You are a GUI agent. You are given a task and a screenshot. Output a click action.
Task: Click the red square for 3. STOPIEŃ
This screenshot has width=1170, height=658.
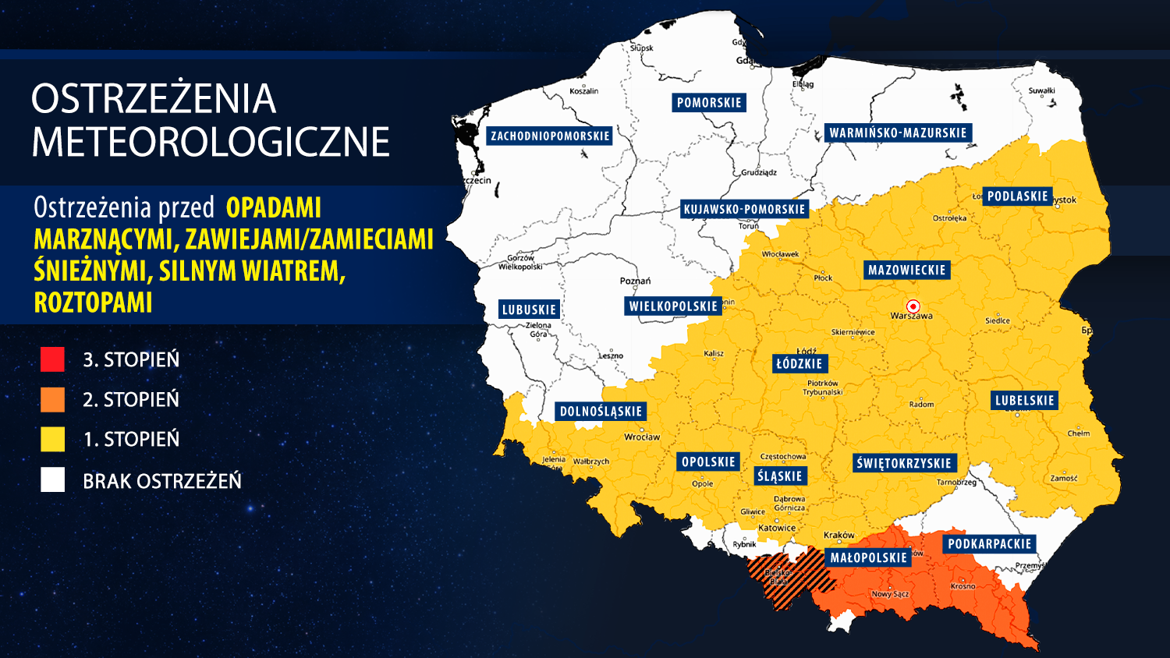point(52,359)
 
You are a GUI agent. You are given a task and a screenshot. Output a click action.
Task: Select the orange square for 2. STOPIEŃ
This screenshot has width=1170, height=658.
point(52,399)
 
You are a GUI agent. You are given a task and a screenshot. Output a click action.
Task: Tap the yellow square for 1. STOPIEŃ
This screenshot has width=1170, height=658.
point(52,439)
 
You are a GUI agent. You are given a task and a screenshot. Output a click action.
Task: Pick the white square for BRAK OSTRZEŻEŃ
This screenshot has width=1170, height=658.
point(52,480)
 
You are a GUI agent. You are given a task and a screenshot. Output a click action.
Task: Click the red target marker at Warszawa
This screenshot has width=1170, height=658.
point(913,306)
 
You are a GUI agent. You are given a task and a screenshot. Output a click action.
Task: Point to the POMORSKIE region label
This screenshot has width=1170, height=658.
point(709,103)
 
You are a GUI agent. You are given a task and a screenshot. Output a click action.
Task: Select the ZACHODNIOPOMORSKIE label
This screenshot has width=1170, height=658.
point(550,136)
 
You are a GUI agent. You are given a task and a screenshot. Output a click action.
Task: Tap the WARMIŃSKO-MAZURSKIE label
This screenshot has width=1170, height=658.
point(898,133)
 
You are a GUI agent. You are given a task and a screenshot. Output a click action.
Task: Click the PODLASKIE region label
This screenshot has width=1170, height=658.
point(1017,196)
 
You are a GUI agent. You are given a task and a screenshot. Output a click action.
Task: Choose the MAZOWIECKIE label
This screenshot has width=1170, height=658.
point(906,271)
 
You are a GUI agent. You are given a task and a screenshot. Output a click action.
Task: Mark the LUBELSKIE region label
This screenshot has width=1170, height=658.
point(1024,401)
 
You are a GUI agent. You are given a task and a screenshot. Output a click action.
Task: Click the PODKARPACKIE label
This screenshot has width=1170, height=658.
point(989,544)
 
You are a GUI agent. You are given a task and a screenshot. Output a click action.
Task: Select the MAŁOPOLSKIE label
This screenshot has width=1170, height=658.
point(868,557)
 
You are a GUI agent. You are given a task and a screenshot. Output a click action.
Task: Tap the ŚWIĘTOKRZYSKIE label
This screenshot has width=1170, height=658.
point(903,463)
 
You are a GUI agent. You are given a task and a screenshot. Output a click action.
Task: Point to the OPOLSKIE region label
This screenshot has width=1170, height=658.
point(708,462)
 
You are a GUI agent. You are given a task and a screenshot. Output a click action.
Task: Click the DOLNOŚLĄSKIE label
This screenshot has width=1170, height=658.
point(601,412)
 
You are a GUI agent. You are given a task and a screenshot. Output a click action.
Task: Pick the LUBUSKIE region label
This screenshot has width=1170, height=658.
point(529,310)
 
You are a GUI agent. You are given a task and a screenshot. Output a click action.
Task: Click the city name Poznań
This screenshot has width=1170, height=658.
point(635,281)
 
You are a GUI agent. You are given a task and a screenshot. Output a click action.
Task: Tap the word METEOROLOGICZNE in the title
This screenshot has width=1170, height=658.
point(211,142)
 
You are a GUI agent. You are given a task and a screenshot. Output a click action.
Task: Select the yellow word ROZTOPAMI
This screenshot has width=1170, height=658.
point(93,302)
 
